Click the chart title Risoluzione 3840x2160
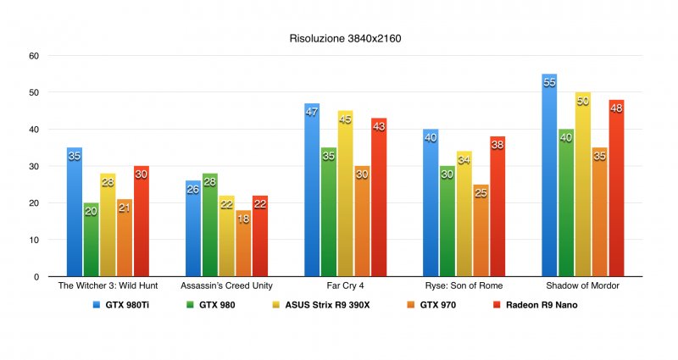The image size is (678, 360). tap(339, 39)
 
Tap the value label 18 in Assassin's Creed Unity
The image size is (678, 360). tap(243, 218)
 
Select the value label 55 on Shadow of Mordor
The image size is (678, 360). tap(549, 81)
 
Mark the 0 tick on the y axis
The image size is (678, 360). tap(35, 277)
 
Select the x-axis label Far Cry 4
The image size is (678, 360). tap(346, 286)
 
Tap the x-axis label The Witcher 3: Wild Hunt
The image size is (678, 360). tap(108, 286)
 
